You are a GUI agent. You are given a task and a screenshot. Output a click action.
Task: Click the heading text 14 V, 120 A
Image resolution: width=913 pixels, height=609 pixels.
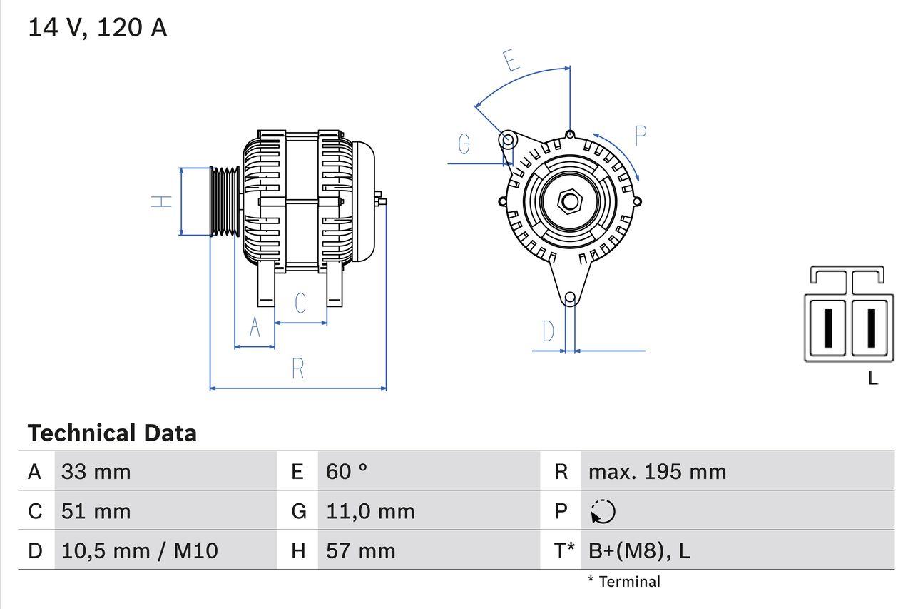pyautogui.click(x=98, y=28)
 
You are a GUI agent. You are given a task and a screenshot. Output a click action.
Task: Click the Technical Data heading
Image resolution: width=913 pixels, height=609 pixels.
pyautogui.click(x=112, y=433)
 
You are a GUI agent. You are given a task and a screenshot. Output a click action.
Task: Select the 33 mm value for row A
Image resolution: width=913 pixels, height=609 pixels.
pyautogui.click(x=96, y=471)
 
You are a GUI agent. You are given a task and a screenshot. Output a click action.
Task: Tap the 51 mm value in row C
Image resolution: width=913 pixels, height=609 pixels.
pyautogui.click(x=96, y=511)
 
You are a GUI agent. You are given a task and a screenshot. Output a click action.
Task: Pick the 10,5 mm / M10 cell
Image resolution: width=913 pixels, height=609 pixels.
pyautogui.click(x=140, y=550)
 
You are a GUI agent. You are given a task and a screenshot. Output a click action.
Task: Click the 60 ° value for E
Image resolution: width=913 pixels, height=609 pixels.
pyautogui.click(x=347, y=471)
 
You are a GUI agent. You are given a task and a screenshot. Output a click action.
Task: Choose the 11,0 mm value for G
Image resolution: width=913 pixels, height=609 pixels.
pyautogui.click(x=370, y=511)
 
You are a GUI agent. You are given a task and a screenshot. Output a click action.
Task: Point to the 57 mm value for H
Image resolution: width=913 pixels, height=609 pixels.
pyautogui.click(x=360, y=550)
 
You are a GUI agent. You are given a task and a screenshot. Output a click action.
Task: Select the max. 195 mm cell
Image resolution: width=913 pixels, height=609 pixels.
pyautogui.click(x=657, y=471)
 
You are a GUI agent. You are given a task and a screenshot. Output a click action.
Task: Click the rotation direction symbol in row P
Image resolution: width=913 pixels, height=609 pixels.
pyautogui.click(x=603, y=511)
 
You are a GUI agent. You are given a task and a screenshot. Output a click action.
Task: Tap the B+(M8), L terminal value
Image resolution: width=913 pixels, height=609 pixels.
pyautogui.click(x=639, y=550)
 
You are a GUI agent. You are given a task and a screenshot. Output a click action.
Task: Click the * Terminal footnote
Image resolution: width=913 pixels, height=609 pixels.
pyautogui.click(x=624, y=582)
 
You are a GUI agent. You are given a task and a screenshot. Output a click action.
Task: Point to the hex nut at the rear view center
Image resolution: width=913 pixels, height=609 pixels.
pyautogui.click(x=569, y=201)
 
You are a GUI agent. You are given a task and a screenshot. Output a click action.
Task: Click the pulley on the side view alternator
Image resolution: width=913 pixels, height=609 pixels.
pyautogui.click(x=225, y=201)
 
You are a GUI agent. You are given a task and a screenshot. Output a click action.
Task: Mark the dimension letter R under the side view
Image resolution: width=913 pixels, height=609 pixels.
pyautogui.click(x=298, y=369)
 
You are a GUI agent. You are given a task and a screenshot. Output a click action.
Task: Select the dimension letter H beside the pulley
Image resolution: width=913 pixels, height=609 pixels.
pyautogui.click(x=163, y=201)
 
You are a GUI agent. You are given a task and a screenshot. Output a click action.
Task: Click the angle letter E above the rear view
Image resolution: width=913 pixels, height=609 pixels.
pyautogui.click(x=511, y=61)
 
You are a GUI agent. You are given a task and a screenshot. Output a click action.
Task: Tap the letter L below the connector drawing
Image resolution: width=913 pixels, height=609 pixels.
pyautogui.click(x=872, y=378)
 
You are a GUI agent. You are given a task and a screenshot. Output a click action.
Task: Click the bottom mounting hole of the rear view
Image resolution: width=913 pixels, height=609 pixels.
pyautogui.click(x=569, y=298)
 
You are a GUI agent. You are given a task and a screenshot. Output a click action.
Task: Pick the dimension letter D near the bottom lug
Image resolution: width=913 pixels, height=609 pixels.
pyautogui.click(x=548, y=331)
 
